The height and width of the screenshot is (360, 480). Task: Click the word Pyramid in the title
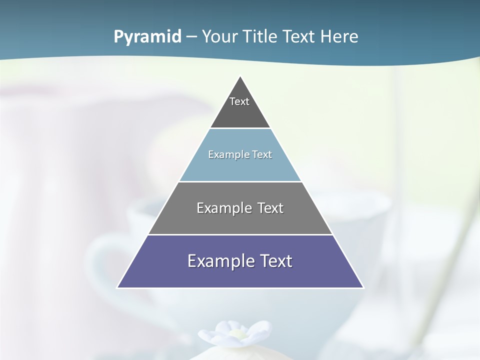pos(147,37)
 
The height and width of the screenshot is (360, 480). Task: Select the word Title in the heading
pos(260,37)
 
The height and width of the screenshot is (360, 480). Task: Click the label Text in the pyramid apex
pos(239,101)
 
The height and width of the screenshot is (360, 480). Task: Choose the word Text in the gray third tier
pos(270,208)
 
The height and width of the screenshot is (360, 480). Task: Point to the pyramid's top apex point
pos(240,77)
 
